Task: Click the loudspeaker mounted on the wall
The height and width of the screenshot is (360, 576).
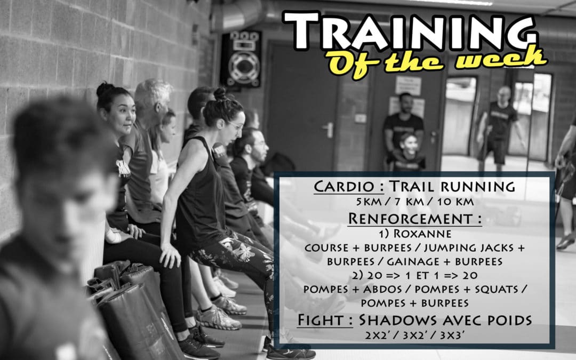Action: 241,59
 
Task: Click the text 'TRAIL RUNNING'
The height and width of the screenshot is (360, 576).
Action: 451,187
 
